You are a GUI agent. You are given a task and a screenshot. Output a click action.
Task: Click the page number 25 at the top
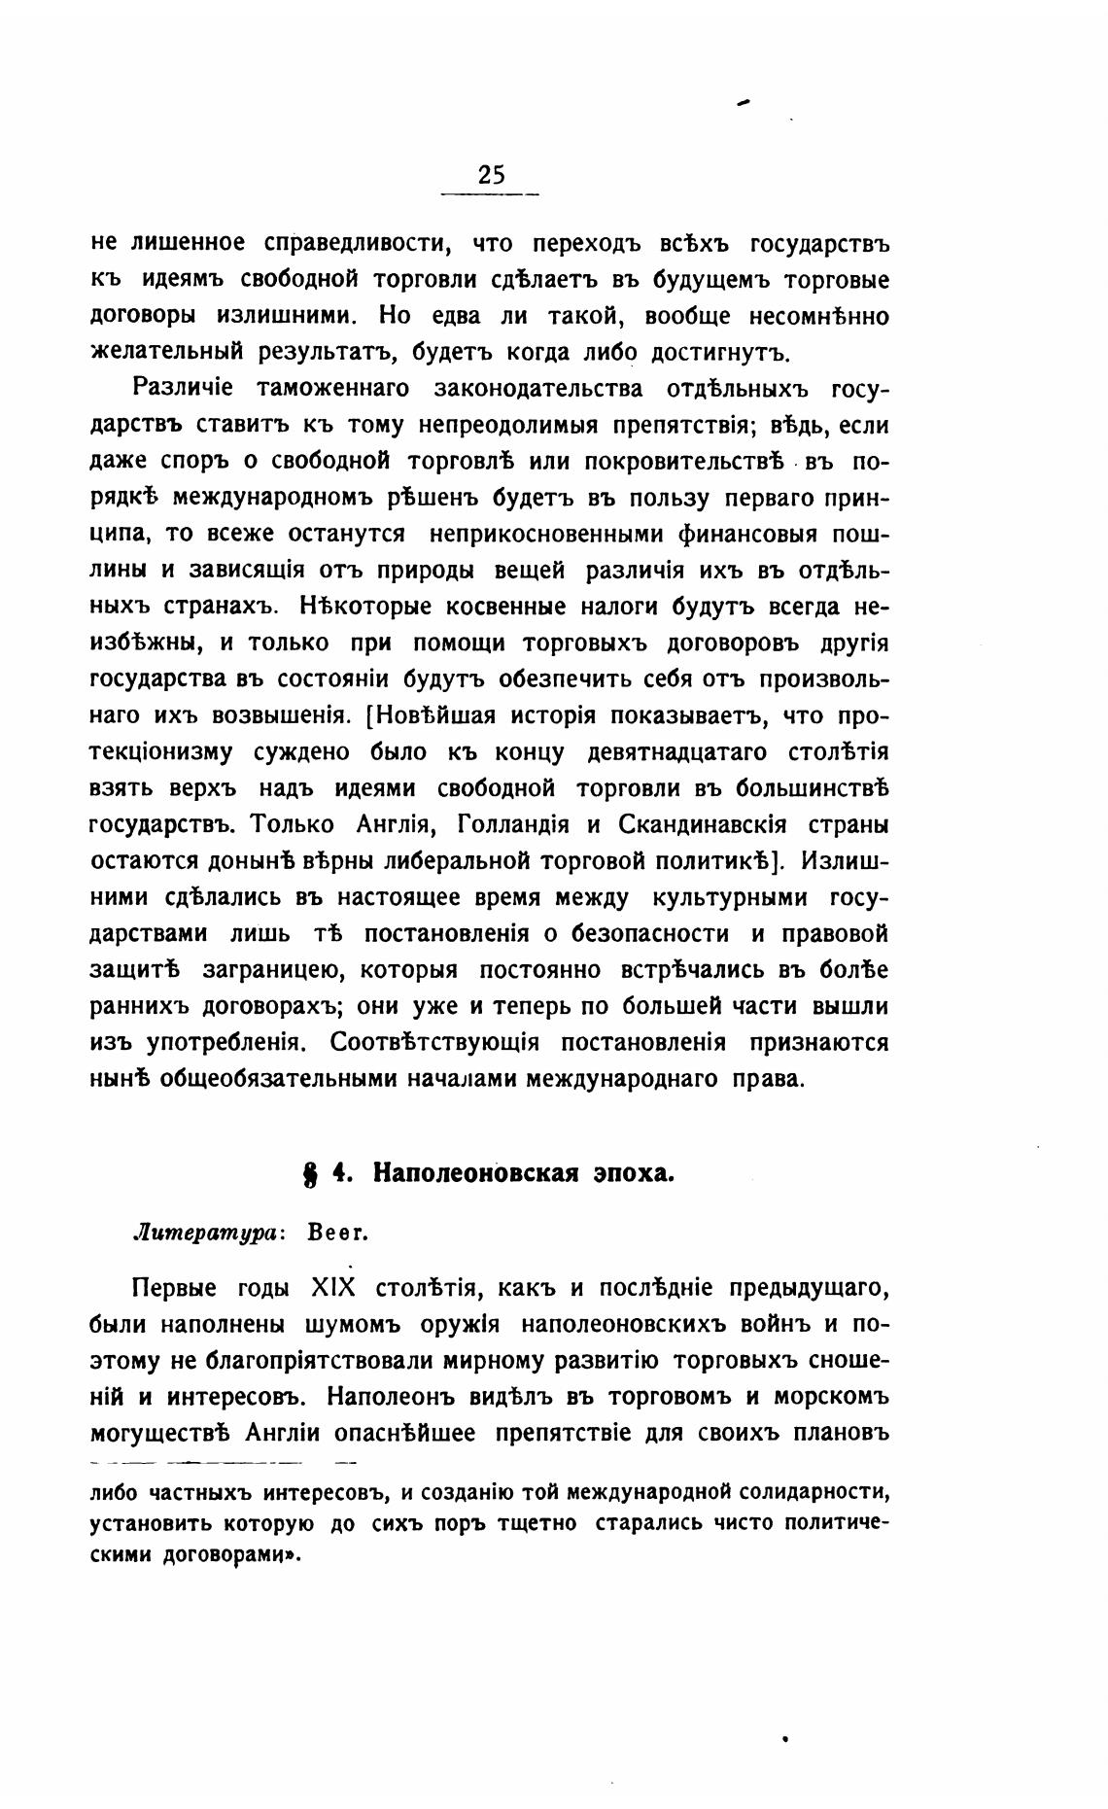[491, 175]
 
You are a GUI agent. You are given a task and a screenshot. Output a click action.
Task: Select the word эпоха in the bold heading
[634, 1173]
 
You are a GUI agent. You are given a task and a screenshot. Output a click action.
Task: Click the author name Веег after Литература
[336, 1234]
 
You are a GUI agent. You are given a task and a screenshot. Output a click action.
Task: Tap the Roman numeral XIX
[332, 1288]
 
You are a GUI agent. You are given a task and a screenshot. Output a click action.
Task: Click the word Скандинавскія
[696, 824]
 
